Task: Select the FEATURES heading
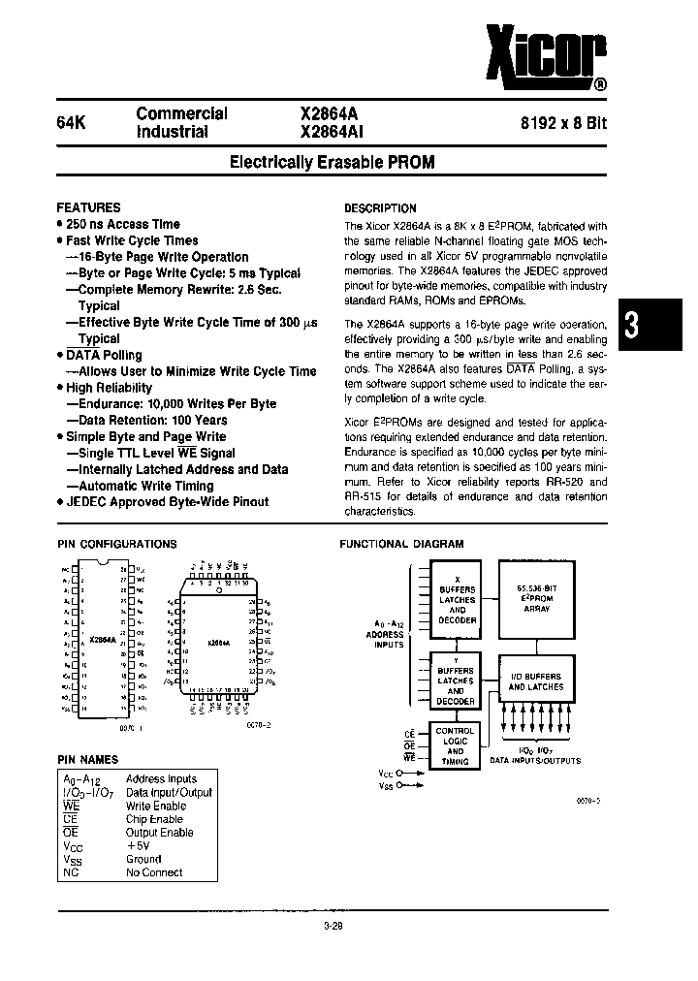[x=88, y=207]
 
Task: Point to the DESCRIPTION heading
[x=381, y=208]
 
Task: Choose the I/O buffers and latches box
[x=535, y=680]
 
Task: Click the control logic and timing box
[x=455, y=746]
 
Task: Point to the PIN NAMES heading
[x=87, y=760]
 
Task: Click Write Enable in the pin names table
[x=155, y=806]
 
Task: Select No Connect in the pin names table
[x=153, y=872]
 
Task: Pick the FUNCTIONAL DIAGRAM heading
[x=400, y=545]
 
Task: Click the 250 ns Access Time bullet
[x=123, y=224]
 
